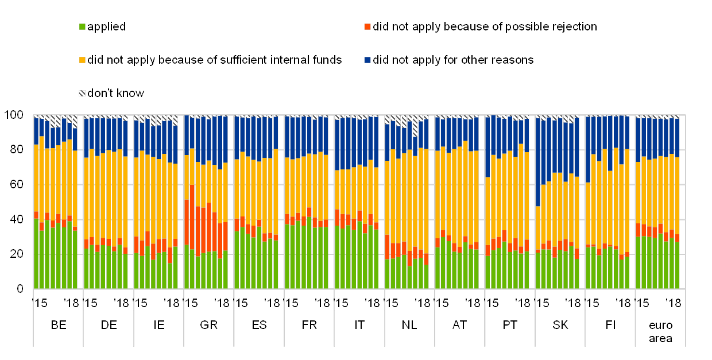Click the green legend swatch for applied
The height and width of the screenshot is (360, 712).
(x=83, y=27)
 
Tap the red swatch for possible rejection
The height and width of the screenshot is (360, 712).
(x=367, y=27)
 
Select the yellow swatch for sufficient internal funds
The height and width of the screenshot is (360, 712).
(x=83, y=60)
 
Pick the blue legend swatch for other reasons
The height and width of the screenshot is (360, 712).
(x=367, y=60)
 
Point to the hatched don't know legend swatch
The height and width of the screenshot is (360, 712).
(x=83, y=94)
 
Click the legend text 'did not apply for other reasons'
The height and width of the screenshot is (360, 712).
(x=454, y=60)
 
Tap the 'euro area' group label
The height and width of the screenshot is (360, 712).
(x=660, y=332)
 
